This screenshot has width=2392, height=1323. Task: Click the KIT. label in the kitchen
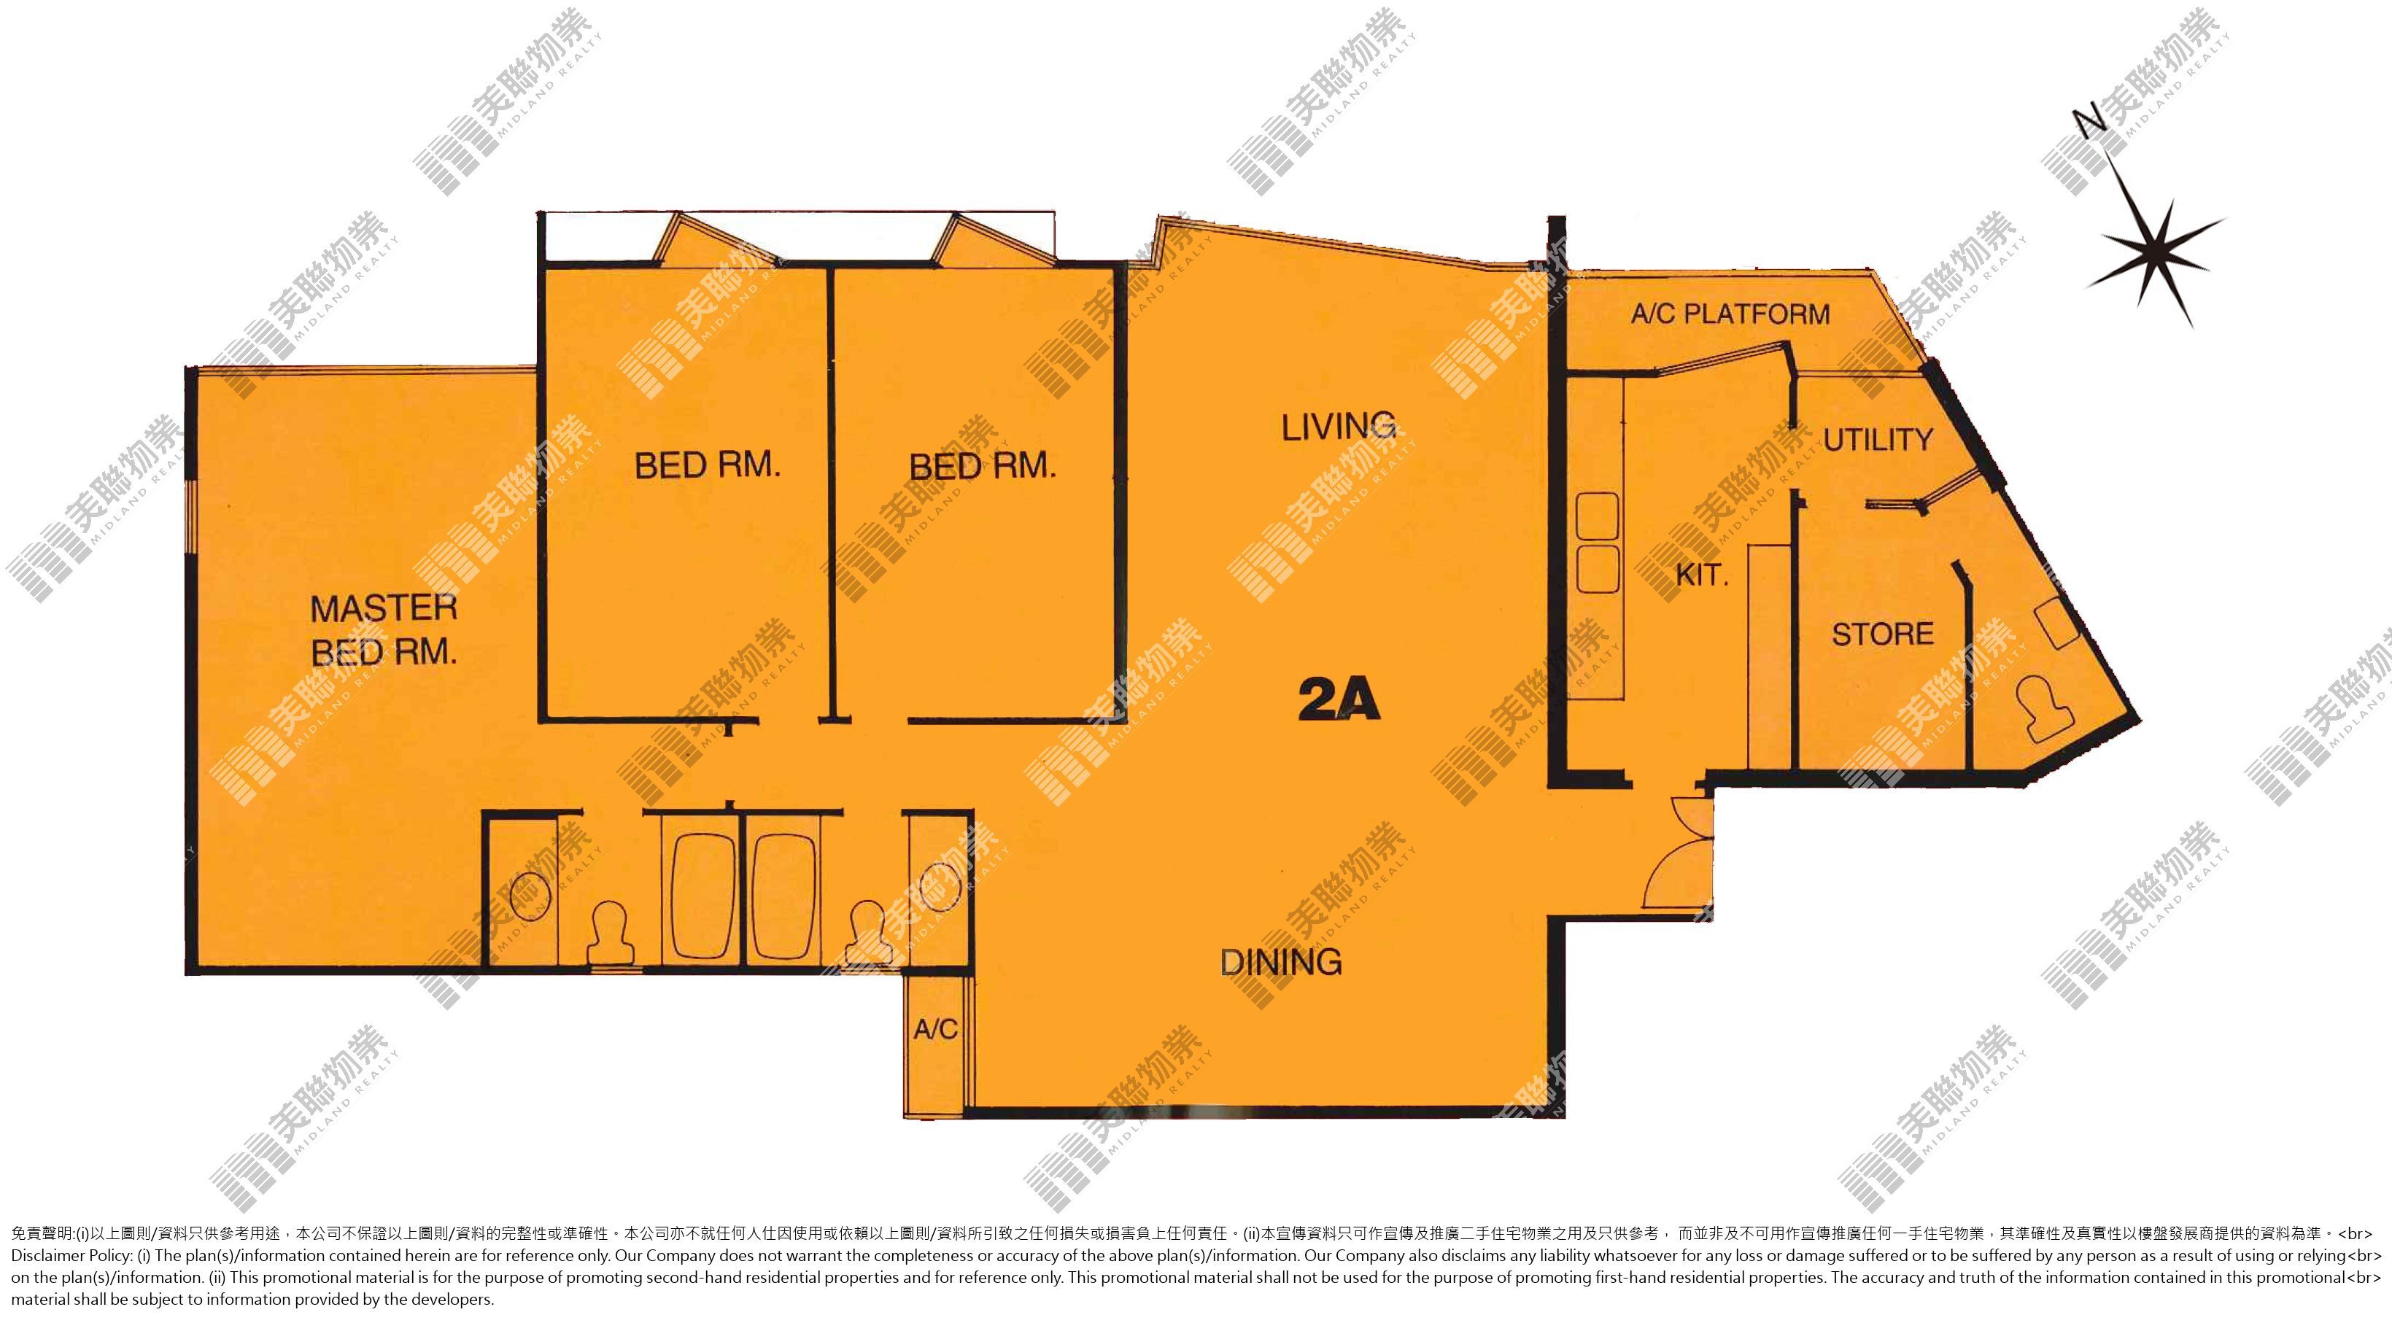click(1702, 575)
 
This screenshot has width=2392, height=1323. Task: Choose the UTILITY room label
click(1878, 439)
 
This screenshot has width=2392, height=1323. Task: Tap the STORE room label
click(1883, 634)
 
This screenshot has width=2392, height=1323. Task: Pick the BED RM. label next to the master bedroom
click(708, 465)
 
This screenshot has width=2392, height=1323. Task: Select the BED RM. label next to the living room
click(983, 466)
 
